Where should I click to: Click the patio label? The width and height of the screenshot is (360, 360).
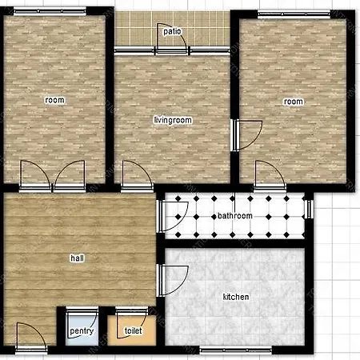tap(172, 33)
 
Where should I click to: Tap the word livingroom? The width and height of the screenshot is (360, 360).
tap(174, 120)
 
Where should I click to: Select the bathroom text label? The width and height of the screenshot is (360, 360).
tap(235, 216)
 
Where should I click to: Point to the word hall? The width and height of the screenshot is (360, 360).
tap(78, 258)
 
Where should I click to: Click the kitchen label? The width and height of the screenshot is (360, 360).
tap(235, 297)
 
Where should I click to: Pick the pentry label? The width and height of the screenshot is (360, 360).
tap(82, 331)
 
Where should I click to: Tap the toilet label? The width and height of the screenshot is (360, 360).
tap(132, 330)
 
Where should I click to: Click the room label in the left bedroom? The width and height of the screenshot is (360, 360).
tap(54, 100)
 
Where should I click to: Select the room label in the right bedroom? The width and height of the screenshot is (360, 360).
tap(294, 102)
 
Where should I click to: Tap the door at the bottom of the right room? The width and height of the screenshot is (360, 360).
tap(267, 174)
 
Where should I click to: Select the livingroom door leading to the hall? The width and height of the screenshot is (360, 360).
tap(134, 175)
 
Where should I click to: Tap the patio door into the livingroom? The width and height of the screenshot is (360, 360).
tap(173, 48)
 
